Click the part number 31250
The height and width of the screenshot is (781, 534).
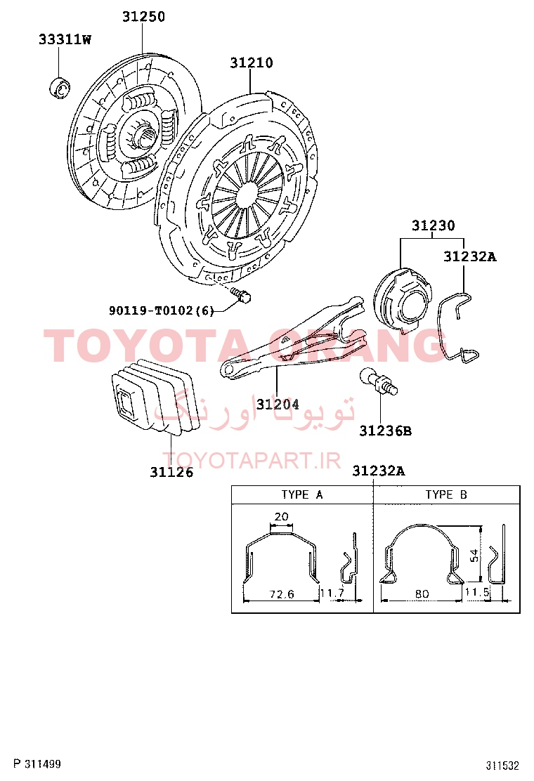coord(143,16)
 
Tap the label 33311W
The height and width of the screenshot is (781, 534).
coord(65,39)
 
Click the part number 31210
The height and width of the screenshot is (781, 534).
coord(251,63)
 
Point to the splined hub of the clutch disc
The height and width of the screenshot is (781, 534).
coord(142,134)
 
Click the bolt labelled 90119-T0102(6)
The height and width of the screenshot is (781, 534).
coord(242,295)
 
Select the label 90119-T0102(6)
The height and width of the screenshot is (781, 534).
coord(162,311)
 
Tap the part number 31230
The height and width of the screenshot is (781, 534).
coord(433,225)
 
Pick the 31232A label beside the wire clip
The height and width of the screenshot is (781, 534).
coord(470,256)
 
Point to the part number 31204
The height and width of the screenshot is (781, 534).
coord(278,405)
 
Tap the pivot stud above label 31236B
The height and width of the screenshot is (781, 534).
coord(379,382)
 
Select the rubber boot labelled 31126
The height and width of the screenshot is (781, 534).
coord(155,396)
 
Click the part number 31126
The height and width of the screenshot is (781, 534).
coord(171,472)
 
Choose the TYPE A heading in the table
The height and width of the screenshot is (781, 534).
coord(302,494)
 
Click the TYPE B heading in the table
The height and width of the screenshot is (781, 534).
coord(446,494)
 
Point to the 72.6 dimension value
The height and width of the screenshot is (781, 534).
coord(282,593)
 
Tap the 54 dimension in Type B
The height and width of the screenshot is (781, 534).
coord(475,555)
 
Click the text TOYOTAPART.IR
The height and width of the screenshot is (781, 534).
coord(252,461)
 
